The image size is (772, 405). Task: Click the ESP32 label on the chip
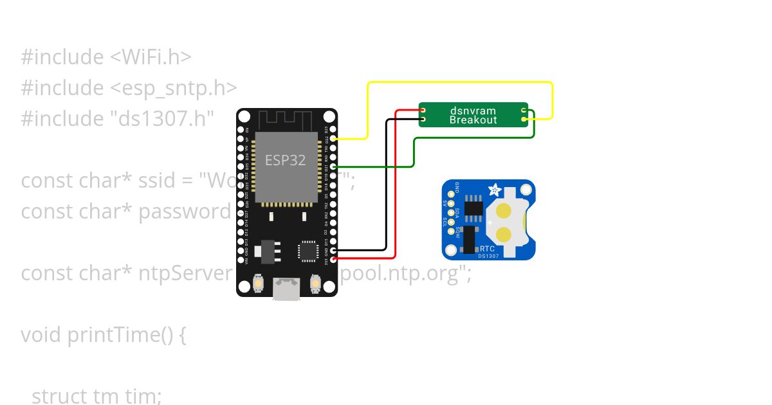(x=285, y=159)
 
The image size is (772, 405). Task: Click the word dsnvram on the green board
(x=473, y=111)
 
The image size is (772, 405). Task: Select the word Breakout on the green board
(x=473, y=120)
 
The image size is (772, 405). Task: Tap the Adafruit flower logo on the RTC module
(x=495, y=190)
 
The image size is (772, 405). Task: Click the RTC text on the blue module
(x=487, y=248)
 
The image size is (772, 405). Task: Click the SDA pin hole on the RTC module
(x=451, y=213)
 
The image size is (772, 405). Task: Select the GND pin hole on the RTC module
(x=451, y=193)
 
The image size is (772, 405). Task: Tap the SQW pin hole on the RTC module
(x=451, y=233)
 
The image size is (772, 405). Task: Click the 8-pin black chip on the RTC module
(x=474, y=206)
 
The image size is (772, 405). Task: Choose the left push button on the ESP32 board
(x=257, y=283)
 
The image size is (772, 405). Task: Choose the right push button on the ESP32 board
(x=316, y=283)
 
